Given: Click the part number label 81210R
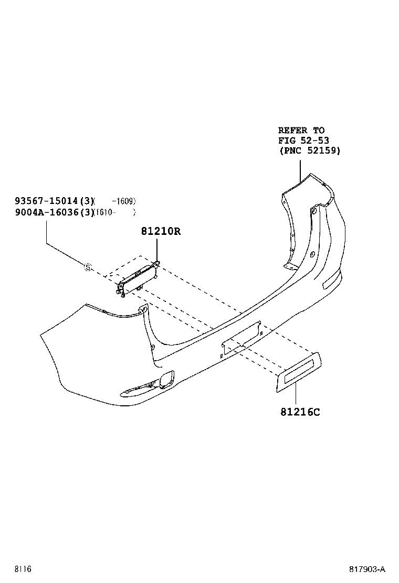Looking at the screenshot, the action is (x=161, y=231).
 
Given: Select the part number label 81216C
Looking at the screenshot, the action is (x=300, y=412).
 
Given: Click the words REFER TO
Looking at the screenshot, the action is (x=301, y=130).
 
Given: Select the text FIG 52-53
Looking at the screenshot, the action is (x=304, y=141).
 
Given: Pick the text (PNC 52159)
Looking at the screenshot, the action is (x=310, y=150).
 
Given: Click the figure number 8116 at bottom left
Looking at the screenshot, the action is (x=23, y=569).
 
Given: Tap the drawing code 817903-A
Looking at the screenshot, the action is (x=367, y=569).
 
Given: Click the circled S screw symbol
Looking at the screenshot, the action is (x=88, y=266).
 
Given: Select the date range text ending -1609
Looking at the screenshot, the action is (x=124, y=201).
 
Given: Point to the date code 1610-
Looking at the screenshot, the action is (x=105, y=213).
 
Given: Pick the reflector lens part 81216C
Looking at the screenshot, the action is (x=299, y=372).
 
